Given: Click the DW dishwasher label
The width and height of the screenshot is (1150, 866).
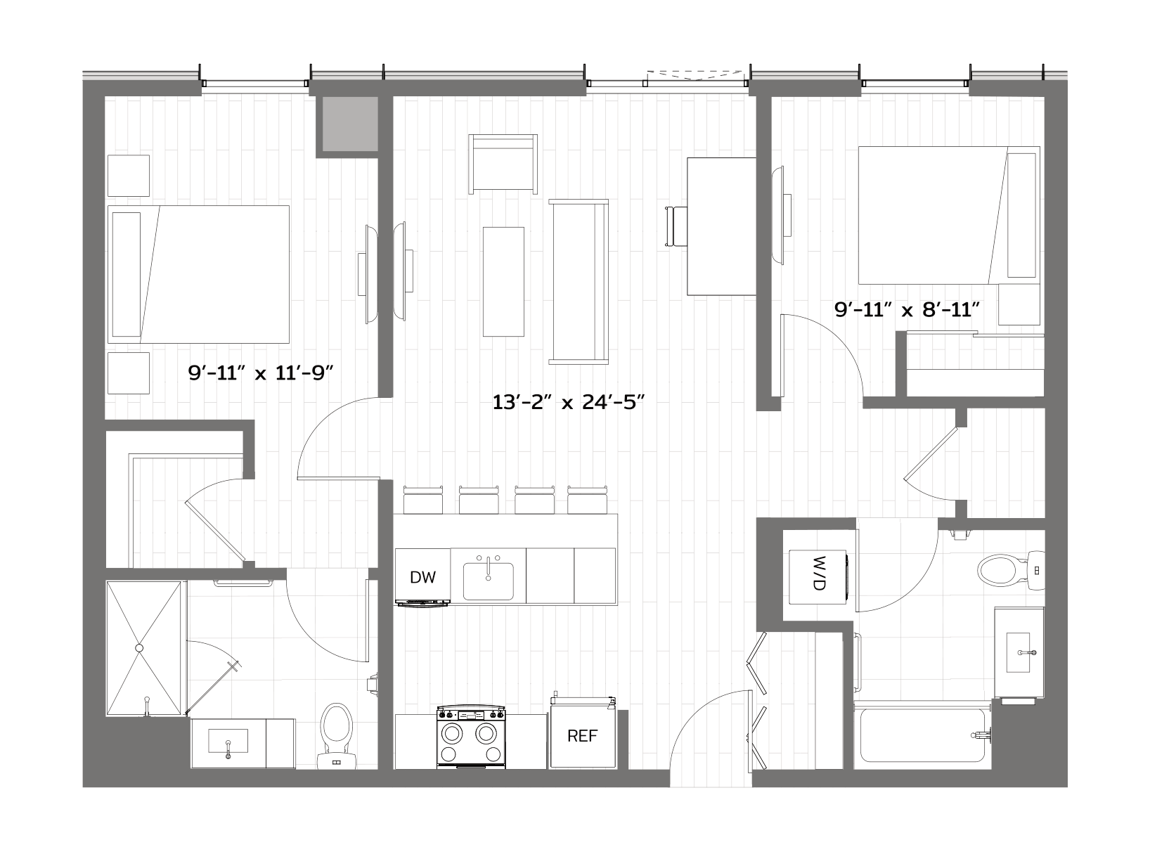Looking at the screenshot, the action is coord(422,577).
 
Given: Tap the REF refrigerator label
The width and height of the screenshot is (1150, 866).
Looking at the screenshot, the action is coord(582,736).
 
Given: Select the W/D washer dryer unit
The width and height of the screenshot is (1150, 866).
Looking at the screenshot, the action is coord(818,577).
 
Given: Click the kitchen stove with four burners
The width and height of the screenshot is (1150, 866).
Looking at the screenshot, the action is coord(471,737).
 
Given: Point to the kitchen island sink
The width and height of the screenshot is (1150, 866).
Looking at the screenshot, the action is coord(489,581).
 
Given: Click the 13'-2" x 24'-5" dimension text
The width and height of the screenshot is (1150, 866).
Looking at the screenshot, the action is coord(568,403).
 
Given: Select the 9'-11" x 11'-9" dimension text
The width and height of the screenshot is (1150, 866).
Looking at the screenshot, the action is coord(261,373).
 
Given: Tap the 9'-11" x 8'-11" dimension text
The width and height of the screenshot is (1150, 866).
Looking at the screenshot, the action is coord(907,309).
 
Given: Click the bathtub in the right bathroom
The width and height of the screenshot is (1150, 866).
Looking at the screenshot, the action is coord(923,735).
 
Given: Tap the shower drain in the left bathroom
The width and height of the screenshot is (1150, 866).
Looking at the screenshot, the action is coord(139,648).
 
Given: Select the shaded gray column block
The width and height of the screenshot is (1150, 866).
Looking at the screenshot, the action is coord(350,124).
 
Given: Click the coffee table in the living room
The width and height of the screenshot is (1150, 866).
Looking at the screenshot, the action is coord(503,282).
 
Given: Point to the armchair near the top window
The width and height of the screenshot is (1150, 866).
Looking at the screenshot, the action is coord(503,164).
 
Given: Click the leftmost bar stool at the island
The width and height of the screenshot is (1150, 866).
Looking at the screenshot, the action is coord(422,500).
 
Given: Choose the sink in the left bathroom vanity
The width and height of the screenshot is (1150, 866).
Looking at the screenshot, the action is coord(228,742).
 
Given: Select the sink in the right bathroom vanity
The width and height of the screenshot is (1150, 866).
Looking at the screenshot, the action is coord(1019,652).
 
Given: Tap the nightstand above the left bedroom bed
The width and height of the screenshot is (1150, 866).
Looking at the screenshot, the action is coord(129,176).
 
